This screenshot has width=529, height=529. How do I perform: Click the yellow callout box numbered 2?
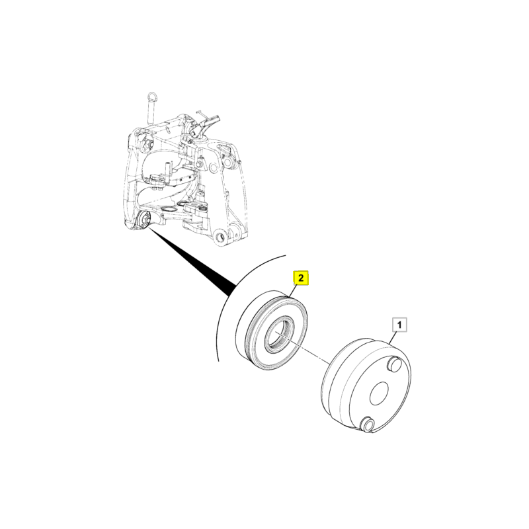click(x=301, y=278)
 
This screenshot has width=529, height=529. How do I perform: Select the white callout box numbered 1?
click(x=400, y=325)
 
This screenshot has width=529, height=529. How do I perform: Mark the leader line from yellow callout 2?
click(x=294, y=291)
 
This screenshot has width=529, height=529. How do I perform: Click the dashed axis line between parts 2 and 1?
click(x=303, y=348)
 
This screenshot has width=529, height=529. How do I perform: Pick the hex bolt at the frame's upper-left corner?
click(x=147, y=143)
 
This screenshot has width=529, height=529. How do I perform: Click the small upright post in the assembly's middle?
click(x=167, y=170)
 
